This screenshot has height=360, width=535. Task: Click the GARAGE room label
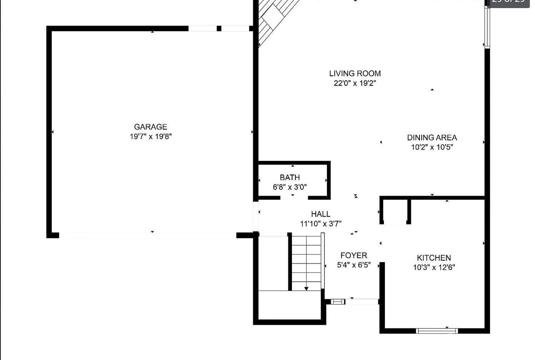150,127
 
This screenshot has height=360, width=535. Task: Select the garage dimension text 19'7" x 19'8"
151,136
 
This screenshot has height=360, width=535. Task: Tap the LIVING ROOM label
355,74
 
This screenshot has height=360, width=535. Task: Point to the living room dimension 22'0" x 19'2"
355,83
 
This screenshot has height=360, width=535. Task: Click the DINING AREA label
432,138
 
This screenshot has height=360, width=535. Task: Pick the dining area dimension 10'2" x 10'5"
432,147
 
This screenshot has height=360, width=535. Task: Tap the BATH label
290,177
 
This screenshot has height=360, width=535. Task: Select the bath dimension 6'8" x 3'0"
290,187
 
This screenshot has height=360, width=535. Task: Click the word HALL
321,214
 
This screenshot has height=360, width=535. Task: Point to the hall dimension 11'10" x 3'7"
321,224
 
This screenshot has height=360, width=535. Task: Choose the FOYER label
354,255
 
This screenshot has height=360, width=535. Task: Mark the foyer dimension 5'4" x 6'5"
354,265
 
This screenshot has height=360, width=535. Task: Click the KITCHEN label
434,258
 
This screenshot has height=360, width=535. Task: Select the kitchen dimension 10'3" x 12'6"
434,267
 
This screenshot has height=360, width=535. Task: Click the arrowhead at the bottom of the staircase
306,289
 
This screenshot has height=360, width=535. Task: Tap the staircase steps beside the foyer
306,261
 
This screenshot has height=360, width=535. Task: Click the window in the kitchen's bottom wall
437,331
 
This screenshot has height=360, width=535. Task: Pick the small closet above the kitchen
395,211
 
